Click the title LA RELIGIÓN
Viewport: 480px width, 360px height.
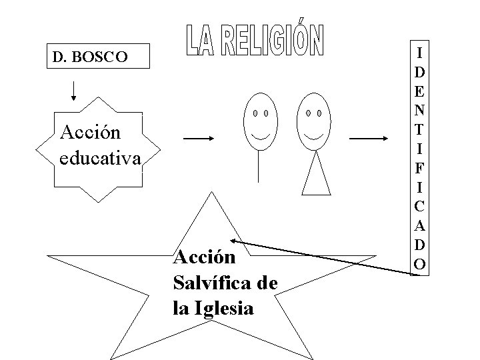coord(253,41)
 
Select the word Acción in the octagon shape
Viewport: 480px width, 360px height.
coord(90,132)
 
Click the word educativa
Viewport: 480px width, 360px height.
coord(100,159)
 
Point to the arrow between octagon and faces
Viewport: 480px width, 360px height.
coord(198,139)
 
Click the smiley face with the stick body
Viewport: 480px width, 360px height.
coord(259,120)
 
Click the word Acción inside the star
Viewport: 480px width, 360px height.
coord(204,257)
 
